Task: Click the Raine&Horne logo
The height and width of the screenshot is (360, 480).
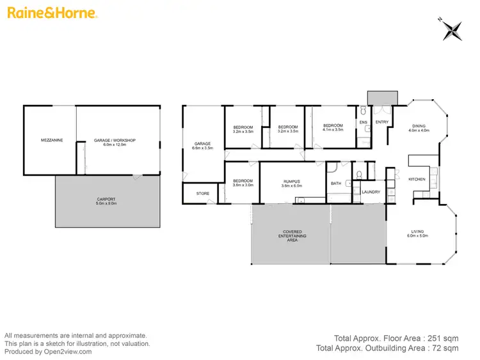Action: point(52,12)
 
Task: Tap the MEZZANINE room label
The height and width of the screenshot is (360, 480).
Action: point(51,140)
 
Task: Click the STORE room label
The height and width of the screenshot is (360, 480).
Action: point(202,193)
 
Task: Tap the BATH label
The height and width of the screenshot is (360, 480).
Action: point(336,184)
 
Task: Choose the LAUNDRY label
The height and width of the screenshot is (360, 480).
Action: point(371,192)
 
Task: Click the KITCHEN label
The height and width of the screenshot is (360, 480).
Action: point(417,179)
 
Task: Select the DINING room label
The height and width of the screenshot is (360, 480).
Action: point(419,126)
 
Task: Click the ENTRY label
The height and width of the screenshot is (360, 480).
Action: point(381,122)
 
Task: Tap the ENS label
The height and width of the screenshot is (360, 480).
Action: point(364,122)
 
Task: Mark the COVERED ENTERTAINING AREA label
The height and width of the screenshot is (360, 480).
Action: point(292,235)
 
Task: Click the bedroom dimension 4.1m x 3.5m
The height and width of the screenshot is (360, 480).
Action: point(333,130)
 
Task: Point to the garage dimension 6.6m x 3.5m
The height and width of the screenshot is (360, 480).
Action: point(202,148)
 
